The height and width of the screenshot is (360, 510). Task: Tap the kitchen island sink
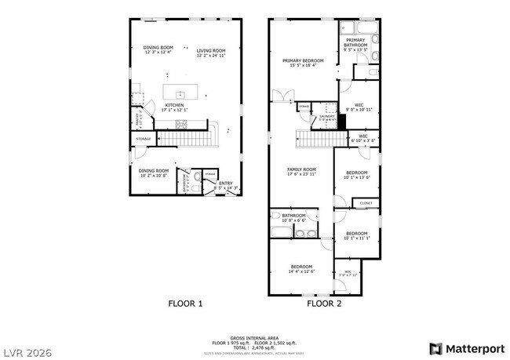[180, 93]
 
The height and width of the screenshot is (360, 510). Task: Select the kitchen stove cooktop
[182, 124]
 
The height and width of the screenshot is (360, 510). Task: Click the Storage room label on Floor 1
[143, 139]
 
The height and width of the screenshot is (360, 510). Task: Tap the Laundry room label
[326, 116]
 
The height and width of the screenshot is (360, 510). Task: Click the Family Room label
[301, 169]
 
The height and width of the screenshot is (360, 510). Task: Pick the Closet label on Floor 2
[366, 203]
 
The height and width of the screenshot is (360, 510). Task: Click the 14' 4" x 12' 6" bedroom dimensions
[302, 271]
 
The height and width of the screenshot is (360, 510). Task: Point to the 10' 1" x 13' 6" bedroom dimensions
[357, 177]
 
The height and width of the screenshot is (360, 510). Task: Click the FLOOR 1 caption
[186, 303]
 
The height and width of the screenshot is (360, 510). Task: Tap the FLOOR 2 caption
[324, 303]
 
